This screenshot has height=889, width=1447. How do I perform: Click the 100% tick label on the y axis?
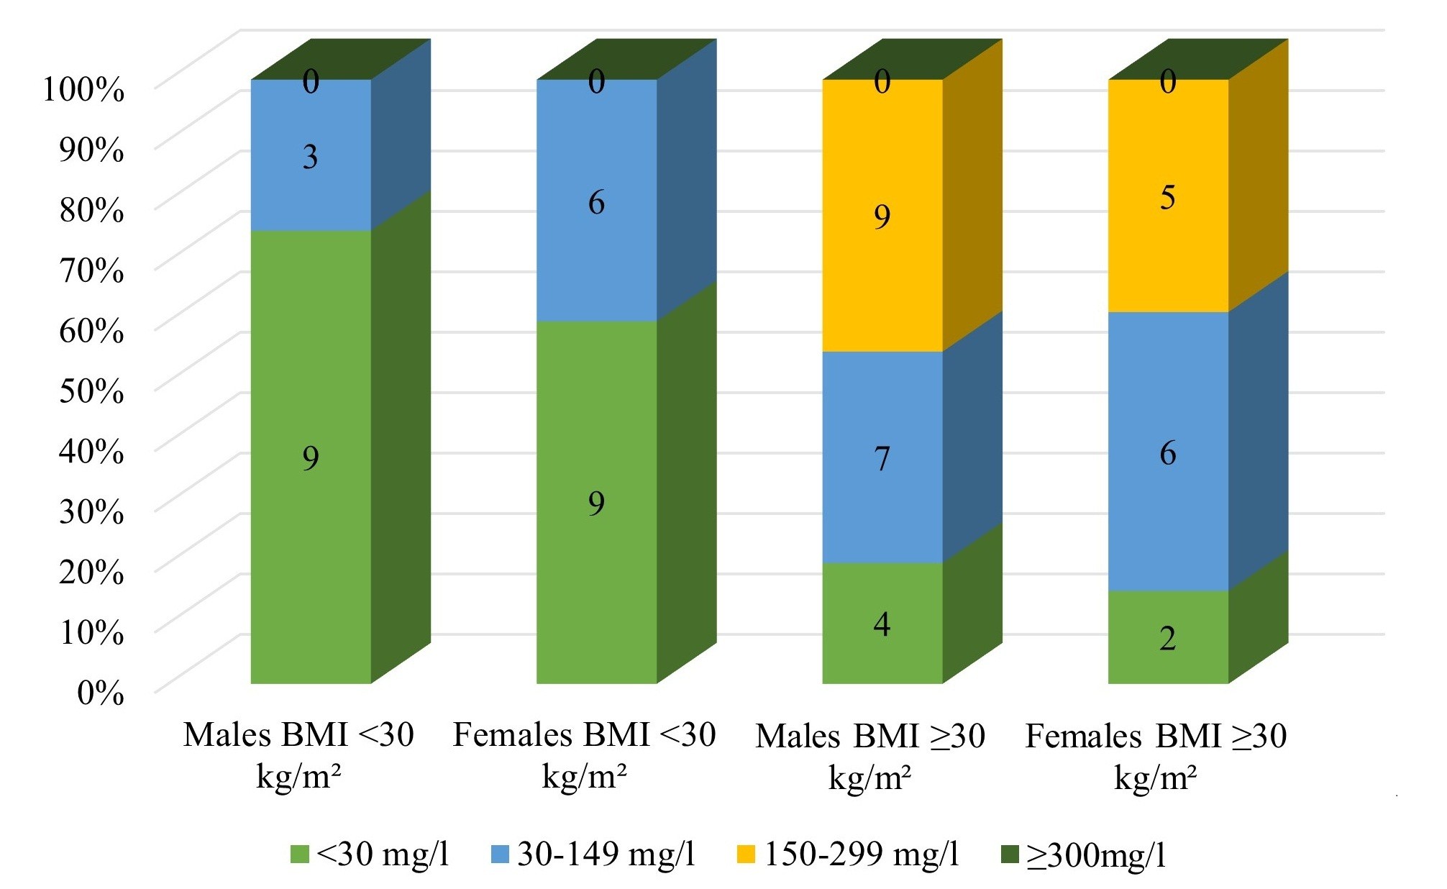83,90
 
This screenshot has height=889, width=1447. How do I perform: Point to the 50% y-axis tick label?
91,391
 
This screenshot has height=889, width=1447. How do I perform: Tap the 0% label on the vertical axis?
100,693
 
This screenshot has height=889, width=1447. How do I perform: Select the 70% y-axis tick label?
91,271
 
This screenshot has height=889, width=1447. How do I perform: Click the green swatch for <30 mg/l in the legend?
299,854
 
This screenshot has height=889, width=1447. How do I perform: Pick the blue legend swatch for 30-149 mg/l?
500,854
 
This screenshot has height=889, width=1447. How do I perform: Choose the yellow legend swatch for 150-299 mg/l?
747,854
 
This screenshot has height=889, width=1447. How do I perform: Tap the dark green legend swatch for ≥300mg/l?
1010,854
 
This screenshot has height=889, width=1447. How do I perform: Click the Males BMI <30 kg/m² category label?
298,755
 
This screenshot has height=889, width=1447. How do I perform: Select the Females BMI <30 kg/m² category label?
584,755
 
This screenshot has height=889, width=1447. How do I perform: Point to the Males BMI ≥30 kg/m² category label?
869,756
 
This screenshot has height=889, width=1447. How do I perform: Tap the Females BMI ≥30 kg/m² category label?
1156,756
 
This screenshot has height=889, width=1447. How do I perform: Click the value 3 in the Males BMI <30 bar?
310,157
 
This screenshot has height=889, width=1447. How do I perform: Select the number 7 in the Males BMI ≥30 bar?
882,458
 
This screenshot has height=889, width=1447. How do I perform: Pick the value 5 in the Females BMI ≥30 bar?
1168,197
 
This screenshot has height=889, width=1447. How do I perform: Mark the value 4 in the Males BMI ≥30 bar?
882,624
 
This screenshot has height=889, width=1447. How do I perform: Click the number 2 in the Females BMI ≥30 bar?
1168,638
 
